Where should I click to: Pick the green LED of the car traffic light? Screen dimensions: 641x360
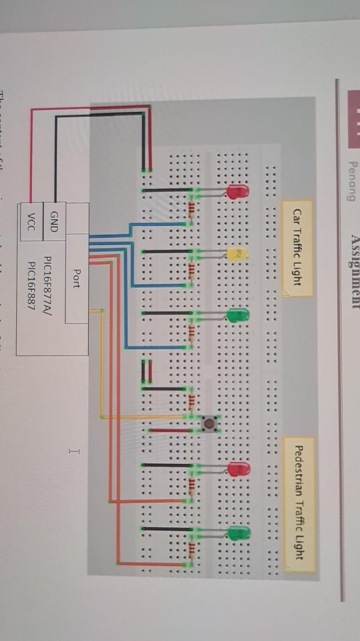pos(238,315)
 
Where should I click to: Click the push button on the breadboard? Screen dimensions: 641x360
pos(211,424)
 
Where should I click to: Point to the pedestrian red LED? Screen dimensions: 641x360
pos(239,469)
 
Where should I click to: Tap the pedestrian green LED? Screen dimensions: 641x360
pos(239,533)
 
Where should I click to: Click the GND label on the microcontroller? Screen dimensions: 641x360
pos(54,221)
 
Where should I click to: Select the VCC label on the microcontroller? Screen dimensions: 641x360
pos(31,221)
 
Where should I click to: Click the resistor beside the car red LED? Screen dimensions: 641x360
pos(191,210)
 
